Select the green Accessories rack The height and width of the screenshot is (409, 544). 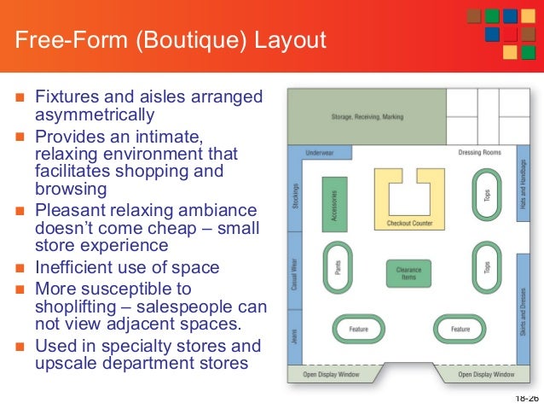[x=334, y=205]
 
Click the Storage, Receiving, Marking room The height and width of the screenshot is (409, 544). [x=367, y=116]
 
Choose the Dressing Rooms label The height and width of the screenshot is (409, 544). [x=479, y=153]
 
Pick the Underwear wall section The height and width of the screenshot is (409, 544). [x=322, y=154]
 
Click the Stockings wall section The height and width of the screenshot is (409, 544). [x=295, y=197]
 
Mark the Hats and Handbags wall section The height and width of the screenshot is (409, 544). [x=521, y=183]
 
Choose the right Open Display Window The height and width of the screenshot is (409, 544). [x=485, y=374]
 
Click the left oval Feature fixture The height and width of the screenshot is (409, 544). [x=357, y=329]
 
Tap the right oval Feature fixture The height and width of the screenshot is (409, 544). [x=460, y=329]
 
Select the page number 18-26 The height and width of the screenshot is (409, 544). [x=526, y=399]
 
